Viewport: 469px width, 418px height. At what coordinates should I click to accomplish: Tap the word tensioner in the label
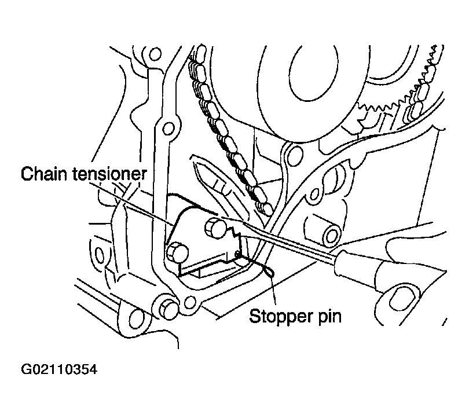[x=110, y=174]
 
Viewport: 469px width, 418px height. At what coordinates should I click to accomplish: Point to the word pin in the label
[x=329, y=317]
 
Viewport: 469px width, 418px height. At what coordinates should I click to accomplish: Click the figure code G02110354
[x=59, y=369]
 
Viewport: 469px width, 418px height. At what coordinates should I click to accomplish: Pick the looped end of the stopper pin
[x=269, y=271]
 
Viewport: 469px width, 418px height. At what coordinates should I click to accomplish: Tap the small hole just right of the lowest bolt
[x=189, y=302]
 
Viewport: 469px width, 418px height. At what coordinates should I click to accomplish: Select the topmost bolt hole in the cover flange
[x=155, y=54]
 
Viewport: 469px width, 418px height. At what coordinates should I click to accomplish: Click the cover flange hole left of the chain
[x=168, y=129]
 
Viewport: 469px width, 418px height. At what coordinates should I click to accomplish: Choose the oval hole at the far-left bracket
[x=100, y=256]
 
